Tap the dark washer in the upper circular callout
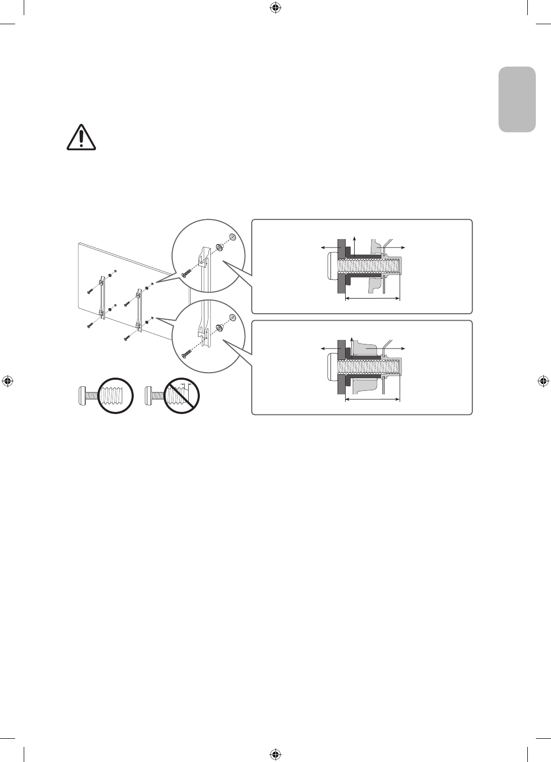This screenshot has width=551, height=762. point(221,247)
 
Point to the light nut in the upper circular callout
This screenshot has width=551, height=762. point(233,237)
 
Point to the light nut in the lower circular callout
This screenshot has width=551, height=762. point(233,317)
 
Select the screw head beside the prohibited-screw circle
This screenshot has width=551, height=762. point(148,394)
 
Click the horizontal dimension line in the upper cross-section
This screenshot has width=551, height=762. point(372,299)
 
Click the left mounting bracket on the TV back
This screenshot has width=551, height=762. point(102,296)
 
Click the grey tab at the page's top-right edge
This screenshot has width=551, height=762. point(517,98)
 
